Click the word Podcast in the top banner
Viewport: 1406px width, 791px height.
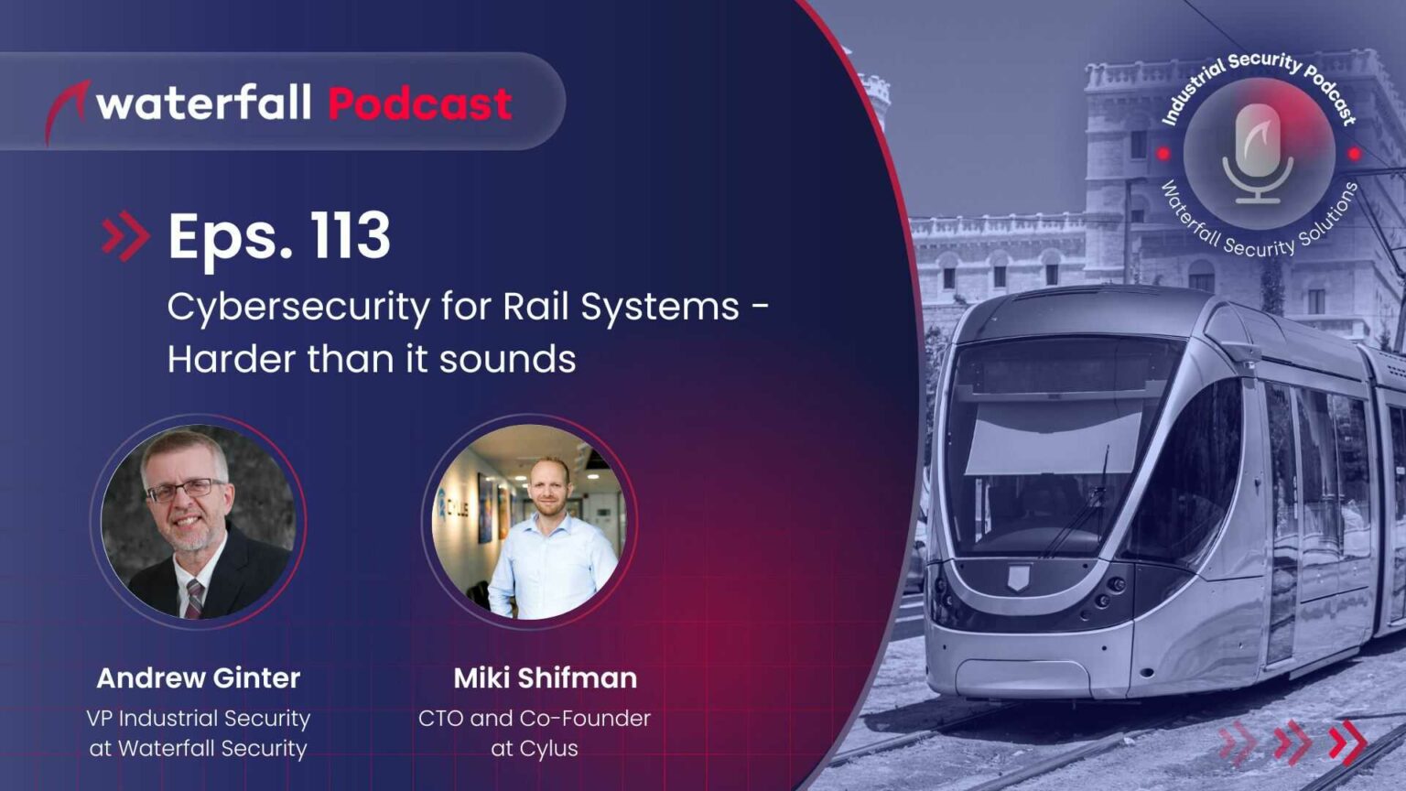pos(419,104)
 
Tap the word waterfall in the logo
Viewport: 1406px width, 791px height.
pos(204,103)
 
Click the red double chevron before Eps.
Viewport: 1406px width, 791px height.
pos(125,236)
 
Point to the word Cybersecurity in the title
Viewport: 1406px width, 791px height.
pos(297,307)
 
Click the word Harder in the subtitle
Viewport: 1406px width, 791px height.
pos(232,359)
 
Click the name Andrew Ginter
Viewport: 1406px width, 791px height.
pos(198,678)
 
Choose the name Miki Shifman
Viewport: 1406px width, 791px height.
pos(545,678)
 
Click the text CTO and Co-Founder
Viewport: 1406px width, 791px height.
pos(534,719)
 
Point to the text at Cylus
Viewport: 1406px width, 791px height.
pos(534,749)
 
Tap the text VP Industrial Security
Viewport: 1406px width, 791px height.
pos(198,719)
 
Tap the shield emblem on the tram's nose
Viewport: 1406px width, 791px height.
pos(1017,578)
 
